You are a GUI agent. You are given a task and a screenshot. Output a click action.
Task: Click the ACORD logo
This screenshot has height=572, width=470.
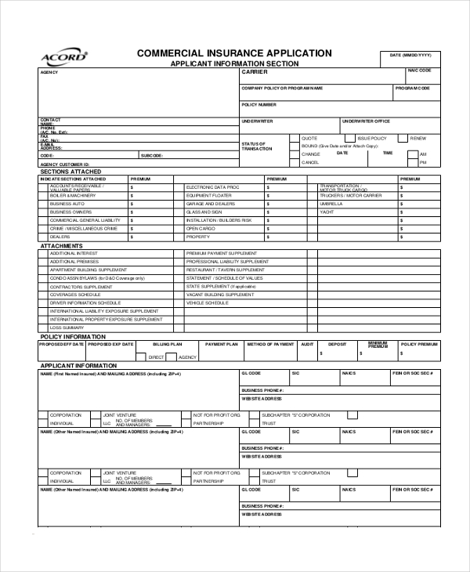coord(63,57)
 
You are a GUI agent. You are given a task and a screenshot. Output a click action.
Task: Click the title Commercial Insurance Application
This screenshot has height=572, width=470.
coord(234,53)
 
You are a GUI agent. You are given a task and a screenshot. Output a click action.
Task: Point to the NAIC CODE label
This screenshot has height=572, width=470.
coord(419,71)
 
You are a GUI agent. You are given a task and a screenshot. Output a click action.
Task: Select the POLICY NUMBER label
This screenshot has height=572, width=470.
coord(259,104)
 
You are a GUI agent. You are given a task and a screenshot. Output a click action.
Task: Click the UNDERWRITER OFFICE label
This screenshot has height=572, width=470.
coord(366,121)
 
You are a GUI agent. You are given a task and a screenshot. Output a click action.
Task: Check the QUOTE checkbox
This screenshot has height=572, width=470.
coord(295,138)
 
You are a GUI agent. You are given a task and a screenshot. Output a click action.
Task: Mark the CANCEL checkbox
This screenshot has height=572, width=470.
coord(295,162)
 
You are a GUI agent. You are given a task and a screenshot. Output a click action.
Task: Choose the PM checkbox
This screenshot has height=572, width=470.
coord(412,162)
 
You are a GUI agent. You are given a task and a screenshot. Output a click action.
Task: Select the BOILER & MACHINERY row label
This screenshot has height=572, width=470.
coord(73,195)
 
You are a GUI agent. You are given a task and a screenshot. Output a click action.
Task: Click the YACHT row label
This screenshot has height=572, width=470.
coord(327,212)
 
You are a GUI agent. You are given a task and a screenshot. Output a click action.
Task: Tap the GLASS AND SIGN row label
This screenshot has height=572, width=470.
coord(204,212)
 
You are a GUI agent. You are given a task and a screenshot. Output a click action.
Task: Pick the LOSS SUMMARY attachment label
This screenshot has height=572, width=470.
coord(67,328)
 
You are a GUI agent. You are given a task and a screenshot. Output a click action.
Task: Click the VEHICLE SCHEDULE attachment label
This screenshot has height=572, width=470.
coord(206,302)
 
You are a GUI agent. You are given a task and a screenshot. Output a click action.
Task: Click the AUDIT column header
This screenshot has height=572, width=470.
coord(308,344)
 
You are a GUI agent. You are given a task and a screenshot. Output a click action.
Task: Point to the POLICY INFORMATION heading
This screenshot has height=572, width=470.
coord(73,336)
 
